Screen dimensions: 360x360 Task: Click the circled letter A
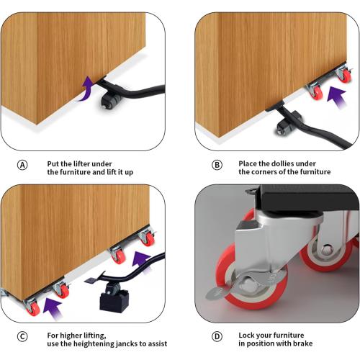tap(22, 165)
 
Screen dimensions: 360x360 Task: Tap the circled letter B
tap(217, 165)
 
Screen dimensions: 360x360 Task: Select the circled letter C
tap(22, 336)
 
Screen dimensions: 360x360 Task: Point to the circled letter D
tap(217, 336)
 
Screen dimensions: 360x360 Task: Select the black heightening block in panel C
tap(114, 301)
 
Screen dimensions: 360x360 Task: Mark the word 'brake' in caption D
tap(302, 343)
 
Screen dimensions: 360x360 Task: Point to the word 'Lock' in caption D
tap(246, 335)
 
